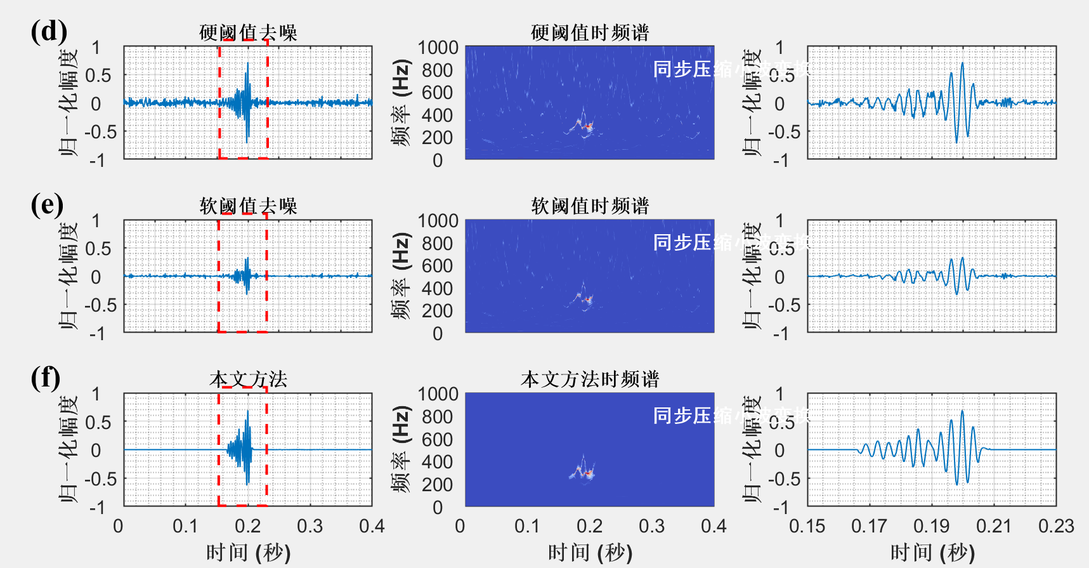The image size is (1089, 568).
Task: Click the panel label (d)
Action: click(49, 31)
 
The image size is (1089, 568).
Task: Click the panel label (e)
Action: click(48, 204)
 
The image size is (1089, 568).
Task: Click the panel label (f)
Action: click(46, 378)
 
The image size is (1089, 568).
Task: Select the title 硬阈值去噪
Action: click(248, 32)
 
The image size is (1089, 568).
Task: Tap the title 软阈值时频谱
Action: click(590, 206)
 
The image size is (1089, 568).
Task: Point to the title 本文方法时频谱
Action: click(590, 379)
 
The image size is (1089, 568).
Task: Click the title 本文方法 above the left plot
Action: click(248, 379)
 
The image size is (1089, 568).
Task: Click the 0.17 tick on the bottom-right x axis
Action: click(869, 526)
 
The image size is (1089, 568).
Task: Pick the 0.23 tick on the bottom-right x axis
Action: click(1056, 526)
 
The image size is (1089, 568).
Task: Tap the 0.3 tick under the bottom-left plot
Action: click(310, 526)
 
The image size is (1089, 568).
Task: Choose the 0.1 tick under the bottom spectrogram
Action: click(527, 526)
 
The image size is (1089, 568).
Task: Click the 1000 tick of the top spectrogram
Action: click(438, 48)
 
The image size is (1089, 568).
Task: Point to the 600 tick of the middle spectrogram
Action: click(438, 266)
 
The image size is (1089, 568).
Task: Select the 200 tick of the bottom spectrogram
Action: click(438, 485)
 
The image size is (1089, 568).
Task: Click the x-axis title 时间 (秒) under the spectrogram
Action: click(590, 552)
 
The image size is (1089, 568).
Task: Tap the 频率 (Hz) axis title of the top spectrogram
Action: click(401, 103)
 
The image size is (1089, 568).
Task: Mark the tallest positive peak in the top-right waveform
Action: click(962, 63)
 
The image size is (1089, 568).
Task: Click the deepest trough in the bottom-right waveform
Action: click(957, 485)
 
